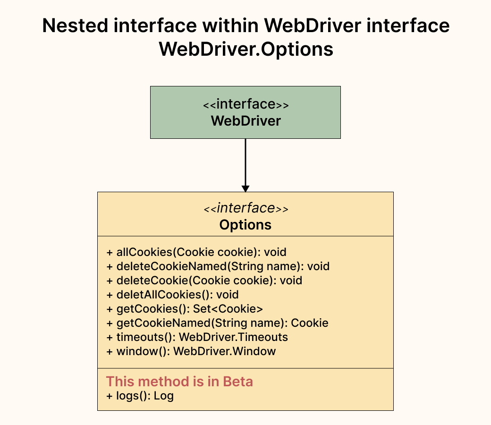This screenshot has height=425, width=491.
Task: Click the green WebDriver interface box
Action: pos(245,112)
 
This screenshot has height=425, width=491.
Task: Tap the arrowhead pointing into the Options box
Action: pos(245,188)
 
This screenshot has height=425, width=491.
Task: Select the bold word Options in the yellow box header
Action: pos(245,224)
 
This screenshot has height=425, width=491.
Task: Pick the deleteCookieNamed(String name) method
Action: pos(218,266)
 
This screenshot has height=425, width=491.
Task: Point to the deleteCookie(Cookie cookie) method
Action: pos(204,280)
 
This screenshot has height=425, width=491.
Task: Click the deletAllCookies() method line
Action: pos(172,295)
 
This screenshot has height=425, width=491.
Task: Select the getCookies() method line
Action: pos(184,309)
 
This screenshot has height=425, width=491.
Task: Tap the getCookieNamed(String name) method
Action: pos(217,323)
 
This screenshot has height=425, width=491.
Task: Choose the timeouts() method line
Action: pos(197,337)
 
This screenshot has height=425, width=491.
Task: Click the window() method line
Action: pos(191,351)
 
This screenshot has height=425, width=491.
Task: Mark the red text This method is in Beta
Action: pos(179,381)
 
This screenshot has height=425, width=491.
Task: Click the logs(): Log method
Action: pos(140,396)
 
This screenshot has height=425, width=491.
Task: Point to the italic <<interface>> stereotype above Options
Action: pos(245,208)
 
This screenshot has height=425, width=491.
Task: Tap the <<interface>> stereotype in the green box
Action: pos(245,104)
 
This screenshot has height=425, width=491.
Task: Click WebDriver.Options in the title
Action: pos(245,49)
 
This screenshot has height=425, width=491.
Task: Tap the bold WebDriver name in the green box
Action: pos(245,121)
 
